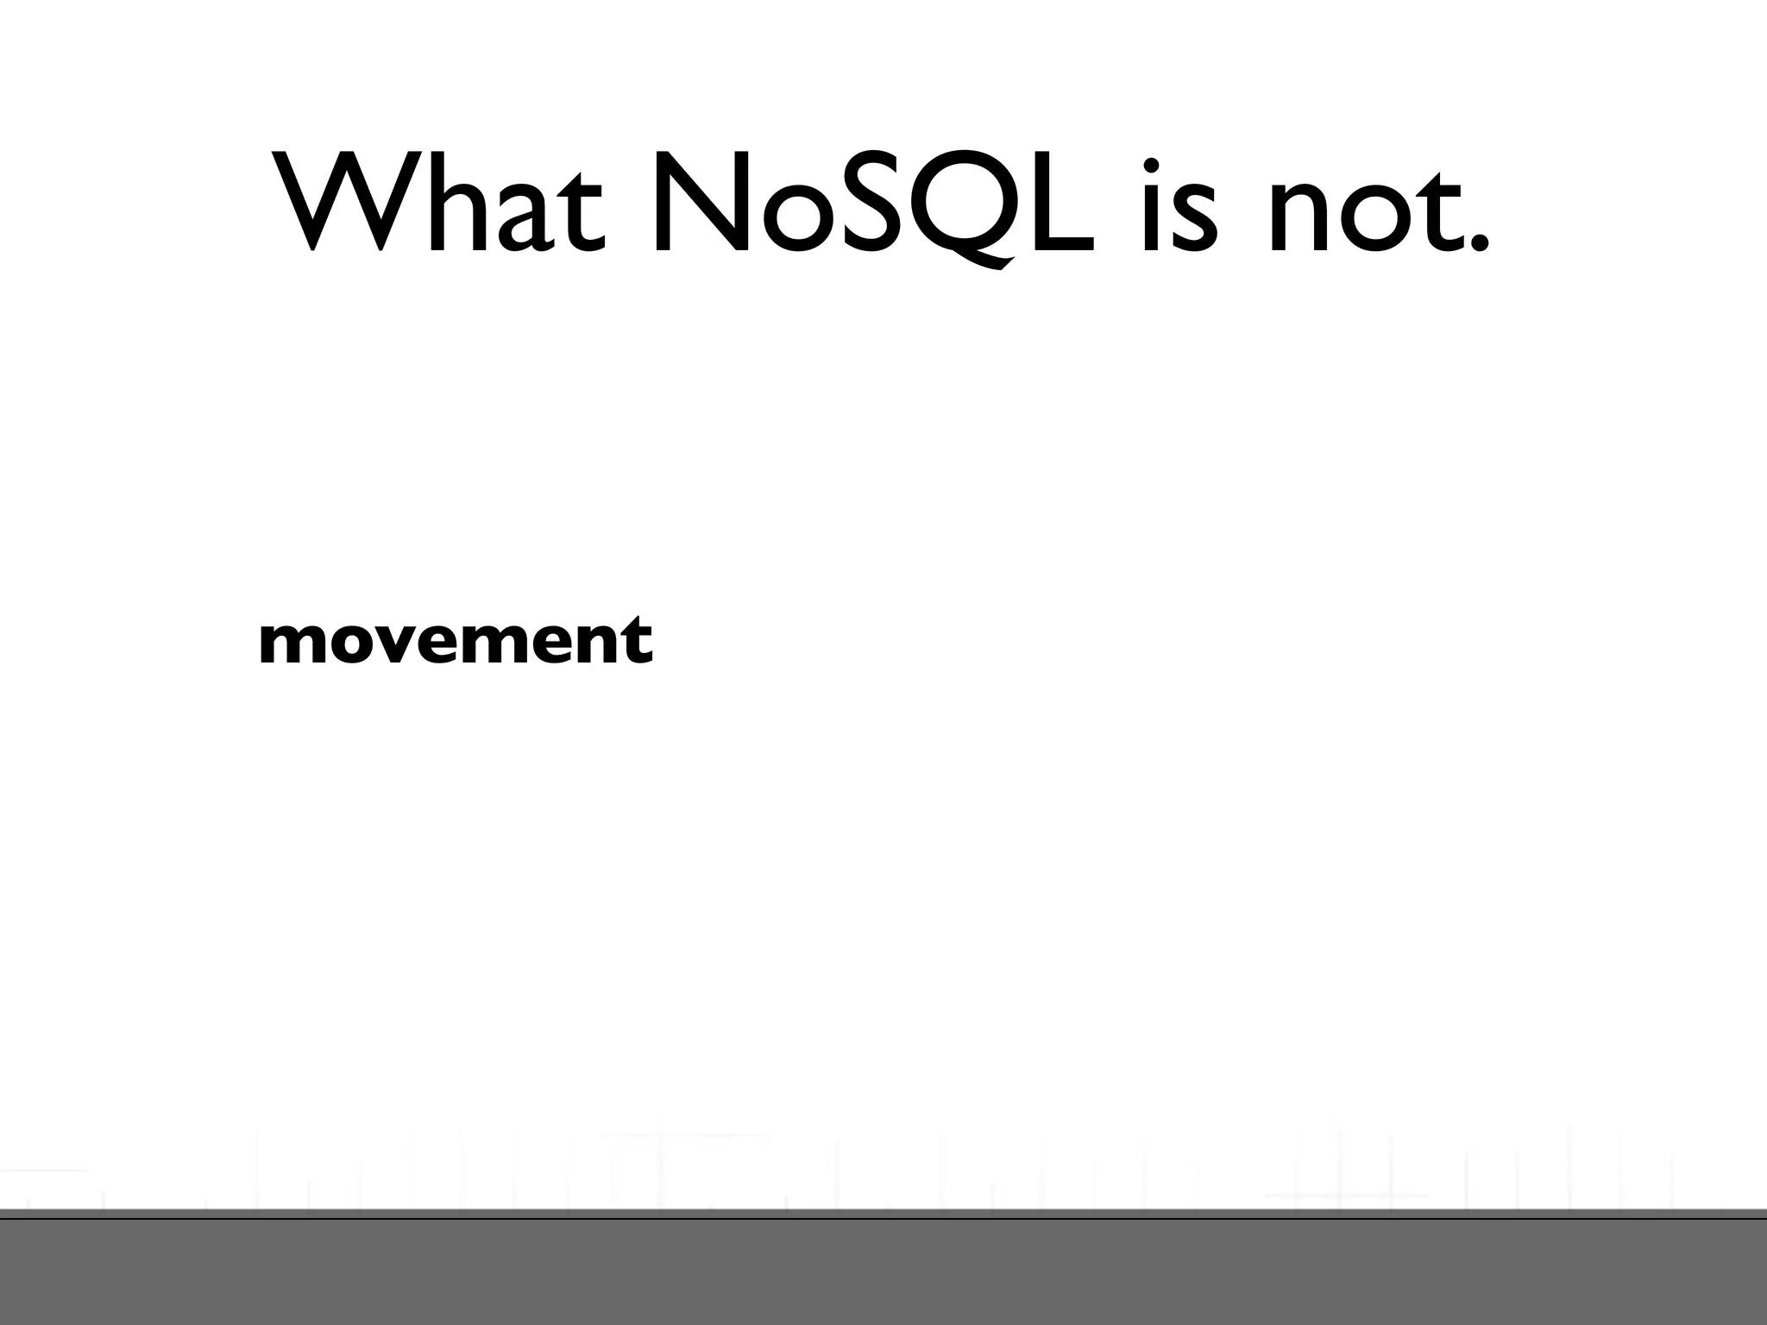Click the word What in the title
coord(439,204)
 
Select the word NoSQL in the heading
coord(871,205)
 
